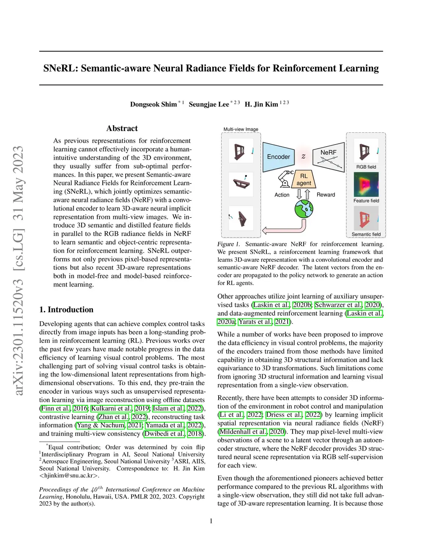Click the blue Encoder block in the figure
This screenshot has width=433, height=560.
(x=278, y=157)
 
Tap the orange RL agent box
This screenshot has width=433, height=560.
(x=304, y=179)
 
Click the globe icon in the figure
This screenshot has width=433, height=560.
(x=304, y=209)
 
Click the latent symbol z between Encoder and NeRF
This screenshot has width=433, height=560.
(x=303, y=156)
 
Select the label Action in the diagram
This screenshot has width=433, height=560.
(x=282, y=195)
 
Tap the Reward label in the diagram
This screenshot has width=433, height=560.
(x=326, y=195)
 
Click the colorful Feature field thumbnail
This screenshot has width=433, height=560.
(x=366, y=185)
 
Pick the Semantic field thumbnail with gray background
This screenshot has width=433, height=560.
(x=366, y=218)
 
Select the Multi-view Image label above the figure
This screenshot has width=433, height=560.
(x=241, y=129)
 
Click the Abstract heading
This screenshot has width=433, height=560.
(x=122, y=128)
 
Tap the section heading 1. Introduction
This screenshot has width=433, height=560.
(x=66, y=310)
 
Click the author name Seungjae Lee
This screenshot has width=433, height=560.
(x=209, y=104)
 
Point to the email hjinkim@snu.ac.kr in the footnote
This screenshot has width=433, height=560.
(x=69, y=475)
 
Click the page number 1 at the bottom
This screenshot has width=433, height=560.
(x=211, y=521)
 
